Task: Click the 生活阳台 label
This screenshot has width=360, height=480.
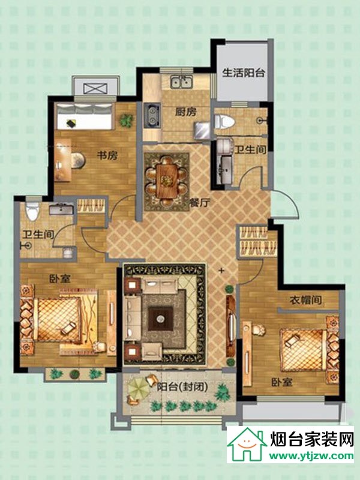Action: (x=244, y=73)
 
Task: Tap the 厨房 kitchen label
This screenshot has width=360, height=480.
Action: (x=186, y=112)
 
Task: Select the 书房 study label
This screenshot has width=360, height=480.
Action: (x=107, y=155)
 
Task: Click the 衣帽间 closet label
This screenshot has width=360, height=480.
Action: (x=306, y=300)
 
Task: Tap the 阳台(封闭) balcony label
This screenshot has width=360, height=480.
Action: (x=182, y=387)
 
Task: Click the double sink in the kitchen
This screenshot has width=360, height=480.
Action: (x=182, y=82)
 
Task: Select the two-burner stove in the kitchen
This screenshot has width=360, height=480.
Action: (x=152, y=115)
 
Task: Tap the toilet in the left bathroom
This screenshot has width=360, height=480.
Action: (x=33, y=211)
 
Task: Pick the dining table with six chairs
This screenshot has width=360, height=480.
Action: (x=167, y=181)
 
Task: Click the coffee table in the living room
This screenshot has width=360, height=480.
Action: (x=160, y=319)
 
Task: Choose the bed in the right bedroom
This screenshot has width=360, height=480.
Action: (x=309, y=349)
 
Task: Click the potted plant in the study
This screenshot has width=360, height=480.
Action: (x=126, y=121)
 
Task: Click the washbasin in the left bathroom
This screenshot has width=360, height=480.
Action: (x=61, y=209)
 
